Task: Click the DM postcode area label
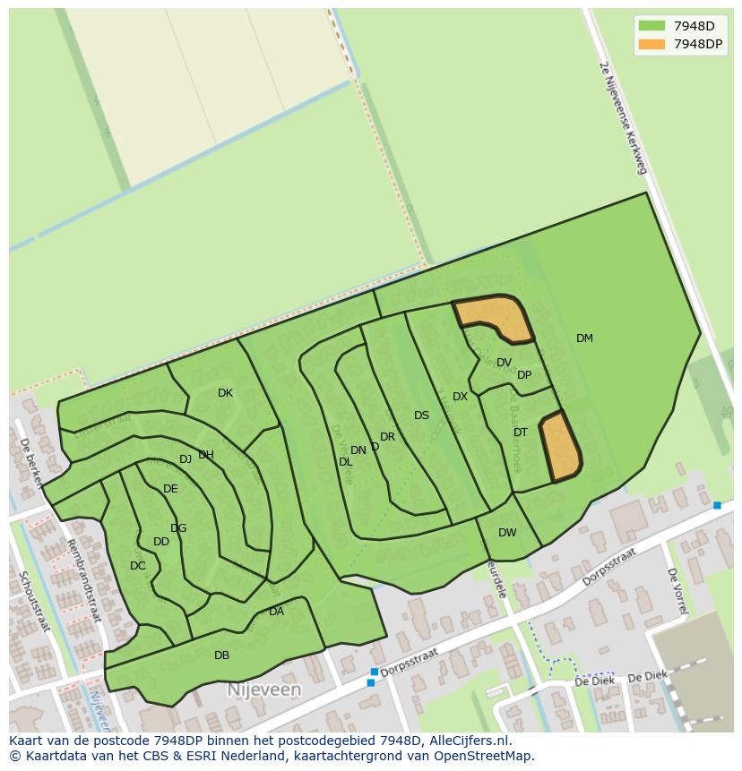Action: click(584, 338)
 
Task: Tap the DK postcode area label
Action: click(225, 393)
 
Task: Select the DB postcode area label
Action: click(221, 655)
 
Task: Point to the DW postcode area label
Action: click(507, 533)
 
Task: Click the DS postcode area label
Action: click(421, 415)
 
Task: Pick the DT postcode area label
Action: click(521, 433)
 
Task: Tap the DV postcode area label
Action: click(504, 363)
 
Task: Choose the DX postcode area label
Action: click(460, 397)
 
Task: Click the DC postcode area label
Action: click(137, 566)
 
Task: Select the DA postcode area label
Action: click(276, 612)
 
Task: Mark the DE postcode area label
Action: click(170, 489)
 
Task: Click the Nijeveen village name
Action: click(263, 690)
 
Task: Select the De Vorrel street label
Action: click(677, 590)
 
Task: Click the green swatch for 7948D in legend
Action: click(651, 26)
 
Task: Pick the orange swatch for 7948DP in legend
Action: click(651, 44)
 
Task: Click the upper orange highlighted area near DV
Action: click(495, 317)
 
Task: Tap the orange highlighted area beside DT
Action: click(561, 446)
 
